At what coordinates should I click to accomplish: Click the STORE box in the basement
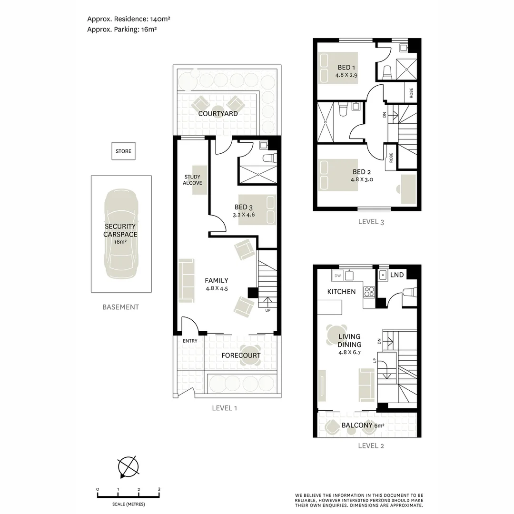point(123,151)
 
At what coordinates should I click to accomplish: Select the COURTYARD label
point(218,114)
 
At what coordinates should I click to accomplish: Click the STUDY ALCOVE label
point(193,180)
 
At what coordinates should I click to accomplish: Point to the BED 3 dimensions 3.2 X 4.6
point(245,215)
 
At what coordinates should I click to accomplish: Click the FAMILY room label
point(217,281)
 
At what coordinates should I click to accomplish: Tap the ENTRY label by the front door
point(190,341)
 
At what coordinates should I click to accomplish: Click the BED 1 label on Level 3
point(346,67)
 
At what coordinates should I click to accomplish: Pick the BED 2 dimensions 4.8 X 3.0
point(362,179)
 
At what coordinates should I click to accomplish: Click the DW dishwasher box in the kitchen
point(337,276)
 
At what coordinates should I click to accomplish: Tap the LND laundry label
point(397,275)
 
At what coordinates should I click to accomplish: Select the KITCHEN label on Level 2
point(341,291)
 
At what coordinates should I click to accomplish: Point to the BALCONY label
point(357,425)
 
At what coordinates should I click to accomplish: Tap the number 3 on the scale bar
point(159,489)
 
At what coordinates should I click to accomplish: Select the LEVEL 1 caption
point(224,408)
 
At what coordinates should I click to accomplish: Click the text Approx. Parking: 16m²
point(122,30)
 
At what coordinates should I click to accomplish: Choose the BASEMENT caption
point(121,307)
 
